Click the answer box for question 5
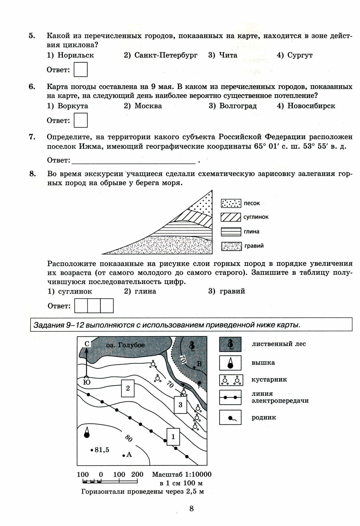pos(80,69)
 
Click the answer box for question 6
pos(80,120)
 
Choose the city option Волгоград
pos(238,106)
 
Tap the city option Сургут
pos(300,55)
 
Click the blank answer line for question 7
pos(134,160)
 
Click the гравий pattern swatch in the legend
pos(231,246)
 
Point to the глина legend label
pos(251,232)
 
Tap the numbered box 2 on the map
pos(128,388)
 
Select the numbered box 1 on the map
pos(173,437)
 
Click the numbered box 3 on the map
pos(180,405)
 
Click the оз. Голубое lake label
pos(125,345)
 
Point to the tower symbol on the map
pos(87,433)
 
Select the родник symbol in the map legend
pos(230,418)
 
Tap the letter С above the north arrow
pos(87,344)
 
